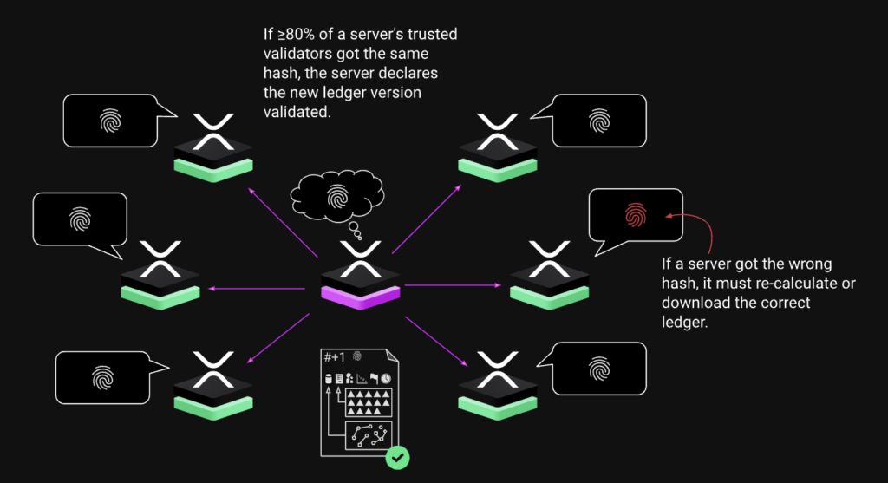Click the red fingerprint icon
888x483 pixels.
coord(636,214)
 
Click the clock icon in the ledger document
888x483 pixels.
coord(385,378)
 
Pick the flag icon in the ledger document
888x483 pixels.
coord(374,378)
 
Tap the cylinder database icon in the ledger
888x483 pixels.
coord(328,378)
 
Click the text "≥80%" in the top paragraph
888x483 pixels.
coord(295,35)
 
